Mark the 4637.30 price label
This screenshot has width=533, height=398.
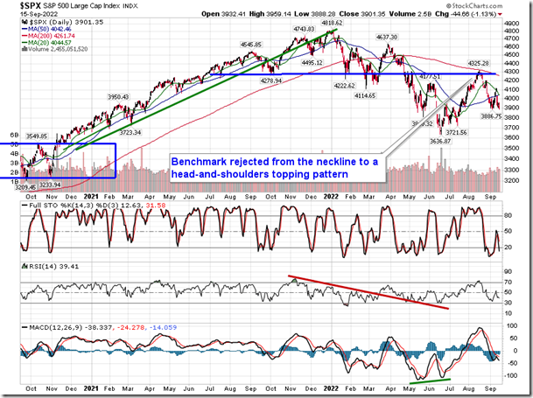point(388,38)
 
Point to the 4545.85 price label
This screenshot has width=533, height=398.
point(252,44)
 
